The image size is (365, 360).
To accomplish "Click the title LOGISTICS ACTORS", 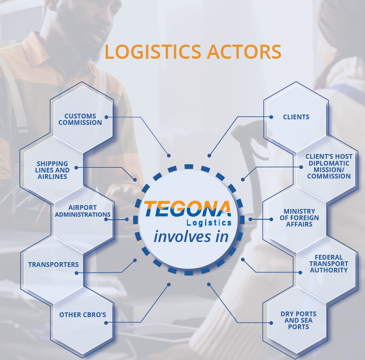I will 193,51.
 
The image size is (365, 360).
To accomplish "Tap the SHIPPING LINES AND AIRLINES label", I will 52,170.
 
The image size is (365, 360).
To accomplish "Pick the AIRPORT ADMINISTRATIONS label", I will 83,211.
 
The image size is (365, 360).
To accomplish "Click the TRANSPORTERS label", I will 53,264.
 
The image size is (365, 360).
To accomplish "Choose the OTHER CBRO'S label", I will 82,315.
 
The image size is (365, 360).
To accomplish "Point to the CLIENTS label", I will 296,117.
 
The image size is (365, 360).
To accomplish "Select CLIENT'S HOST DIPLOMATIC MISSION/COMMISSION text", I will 329,166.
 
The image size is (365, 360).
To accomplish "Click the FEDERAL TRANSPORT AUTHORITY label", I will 329,264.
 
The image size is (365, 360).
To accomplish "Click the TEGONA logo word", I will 187,209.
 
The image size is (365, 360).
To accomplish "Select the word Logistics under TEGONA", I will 209,223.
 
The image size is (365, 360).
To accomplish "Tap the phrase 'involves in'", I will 191,236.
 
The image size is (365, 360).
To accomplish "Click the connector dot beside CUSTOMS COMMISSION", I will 106,117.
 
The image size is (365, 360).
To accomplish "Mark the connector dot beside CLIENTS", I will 271,117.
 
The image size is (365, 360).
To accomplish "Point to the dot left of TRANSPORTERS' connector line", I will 76,272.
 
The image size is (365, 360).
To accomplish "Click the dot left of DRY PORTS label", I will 271,322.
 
